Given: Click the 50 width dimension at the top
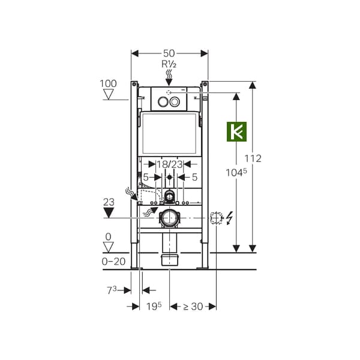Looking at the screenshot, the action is tap(169, 53).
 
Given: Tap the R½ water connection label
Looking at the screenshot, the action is tap(169, 64).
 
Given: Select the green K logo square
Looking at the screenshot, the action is tap(237, 131).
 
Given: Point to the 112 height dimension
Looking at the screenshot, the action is tap(253, 158).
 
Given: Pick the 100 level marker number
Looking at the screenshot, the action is tap(108, 83).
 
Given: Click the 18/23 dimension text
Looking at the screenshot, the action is tap(170, 164).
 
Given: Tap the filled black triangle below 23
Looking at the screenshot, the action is tap(109, 212).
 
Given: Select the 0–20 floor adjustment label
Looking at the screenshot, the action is tap(113, 261).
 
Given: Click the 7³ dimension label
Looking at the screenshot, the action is tap(112, 290).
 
